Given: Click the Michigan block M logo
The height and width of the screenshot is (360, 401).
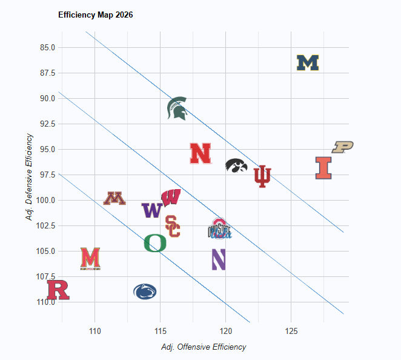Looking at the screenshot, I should (x=308, y=63).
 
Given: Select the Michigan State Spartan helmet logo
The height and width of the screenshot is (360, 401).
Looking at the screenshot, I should (x=177, y=108).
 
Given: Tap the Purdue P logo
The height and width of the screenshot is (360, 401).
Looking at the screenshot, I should (x=342, y=147).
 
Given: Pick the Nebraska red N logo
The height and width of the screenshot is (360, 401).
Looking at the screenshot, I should (x=200, y=153).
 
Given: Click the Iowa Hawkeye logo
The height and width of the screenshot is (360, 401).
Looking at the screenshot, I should (x=236, y=165).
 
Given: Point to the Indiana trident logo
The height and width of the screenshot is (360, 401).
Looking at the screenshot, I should (x=262, y=176).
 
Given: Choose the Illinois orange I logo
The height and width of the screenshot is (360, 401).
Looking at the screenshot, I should (x=324, y=168).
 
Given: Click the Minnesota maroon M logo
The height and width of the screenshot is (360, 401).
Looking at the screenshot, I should (x=114, y=198).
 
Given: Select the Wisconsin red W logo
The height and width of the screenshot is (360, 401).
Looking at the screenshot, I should (x=171, y=198).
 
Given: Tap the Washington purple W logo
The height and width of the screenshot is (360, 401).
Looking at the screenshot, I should (x=151, y=210).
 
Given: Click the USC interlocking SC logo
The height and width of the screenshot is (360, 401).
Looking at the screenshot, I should (x=173, y=226).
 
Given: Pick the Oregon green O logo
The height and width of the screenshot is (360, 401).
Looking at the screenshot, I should (x=155, y=243).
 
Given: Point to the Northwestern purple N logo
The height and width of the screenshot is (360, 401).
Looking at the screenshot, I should (x=219, y=259).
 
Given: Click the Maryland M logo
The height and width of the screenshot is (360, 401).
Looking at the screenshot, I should (x=90, y=258).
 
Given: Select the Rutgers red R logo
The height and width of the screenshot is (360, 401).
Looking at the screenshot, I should (x=59, y=290).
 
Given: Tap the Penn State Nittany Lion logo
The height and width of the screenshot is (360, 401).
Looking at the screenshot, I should (x=145, y=292).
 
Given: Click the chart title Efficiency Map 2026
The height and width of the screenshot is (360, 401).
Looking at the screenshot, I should (x=96, y=15).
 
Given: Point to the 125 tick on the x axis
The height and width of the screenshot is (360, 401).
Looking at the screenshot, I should (x=291, y=331).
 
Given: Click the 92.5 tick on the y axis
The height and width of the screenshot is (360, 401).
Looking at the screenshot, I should (x=47, y=124).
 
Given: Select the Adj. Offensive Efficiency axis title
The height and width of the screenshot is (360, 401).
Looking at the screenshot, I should (x=204, y=347).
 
